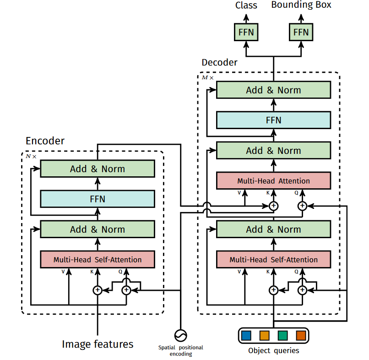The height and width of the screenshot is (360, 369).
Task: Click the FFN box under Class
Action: tap(246, 33)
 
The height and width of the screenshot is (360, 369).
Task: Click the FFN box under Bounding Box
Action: tap(301, 33)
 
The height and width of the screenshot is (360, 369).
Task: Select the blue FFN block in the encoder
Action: tap(97, 199)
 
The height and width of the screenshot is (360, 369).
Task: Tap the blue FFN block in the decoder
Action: tap(273, 120)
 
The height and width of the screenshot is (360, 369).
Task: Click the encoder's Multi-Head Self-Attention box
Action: tap(97, 259)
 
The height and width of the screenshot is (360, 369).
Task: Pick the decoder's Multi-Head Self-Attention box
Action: tap(273, 259)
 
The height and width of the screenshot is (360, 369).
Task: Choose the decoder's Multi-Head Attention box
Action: tap(273, 181)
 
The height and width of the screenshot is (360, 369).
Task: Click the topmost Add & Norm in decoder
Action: tap(273, 90)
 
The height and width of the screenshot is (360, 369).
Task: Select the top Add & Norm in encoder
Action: tap(97, 169)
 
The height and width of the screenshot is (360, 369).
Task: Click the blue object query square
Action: tap(246, 336)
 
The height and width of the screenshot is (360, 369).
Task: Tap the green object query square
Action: tap(282, 336)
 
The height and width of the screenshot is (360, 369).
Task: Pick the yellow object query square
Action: tap(264, 336)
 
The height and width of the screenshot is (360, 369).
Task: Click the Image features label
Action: tap(98, 344)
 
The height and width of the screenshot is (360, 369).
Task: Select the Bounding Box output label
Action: tap(301, 5)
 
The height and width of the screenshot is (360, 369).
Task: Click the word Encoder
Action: tap(45, 141)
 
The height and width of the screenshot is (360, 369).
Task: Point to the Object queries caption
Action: tap(273, 351)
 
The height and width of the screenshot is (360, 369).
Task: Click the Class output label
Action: tap(246, 5)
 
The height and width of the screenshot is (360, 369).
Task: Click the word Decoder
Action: tap(219, 62)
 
